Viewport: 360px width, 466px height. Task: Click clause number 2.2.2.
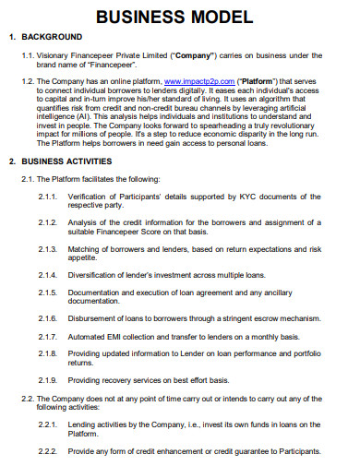50,451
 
